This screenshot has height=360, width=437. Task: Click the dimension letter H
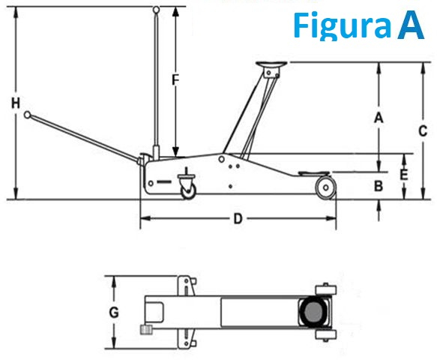[15, 105]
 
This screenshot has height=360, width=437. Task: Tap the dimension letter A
[379, 117]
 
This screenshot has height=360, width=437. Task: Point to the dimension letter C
[424, 130]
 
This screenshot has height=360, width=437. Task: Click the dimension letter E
[404, 174]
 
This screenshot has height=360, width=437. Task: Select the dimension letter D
[237, 219]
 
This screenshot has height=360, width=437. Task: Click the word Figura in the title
[342, 25]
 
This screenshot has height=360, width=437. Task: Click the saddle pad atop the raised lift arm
[271, 66]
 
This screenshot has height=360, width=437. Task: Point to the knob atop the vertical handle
[156, 10]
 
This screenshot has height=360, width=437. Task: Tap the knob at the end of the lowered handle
[28, 115]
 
